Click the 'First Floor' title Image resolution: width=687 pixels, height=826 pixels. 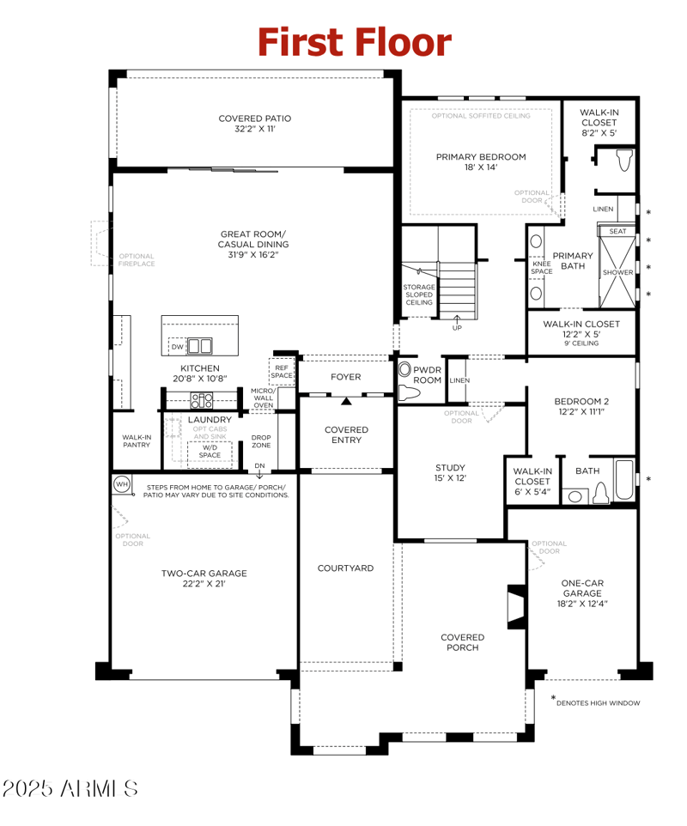pos(354,41)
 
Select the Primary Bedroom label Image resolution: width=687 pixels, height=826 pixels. pos(481,162)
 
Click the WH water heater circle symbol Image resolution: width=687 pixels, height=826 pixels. pos(121,484)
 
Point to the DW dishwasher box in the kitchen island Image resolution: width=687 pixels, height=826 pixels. pos(177,346)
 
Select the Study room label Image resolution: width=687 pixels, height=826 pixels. pos(450,473)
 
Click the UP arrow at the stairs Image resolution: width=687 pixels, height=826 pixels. pos(456,324)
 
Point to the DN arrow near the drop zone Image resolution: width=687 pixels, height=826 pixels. pos(259,470)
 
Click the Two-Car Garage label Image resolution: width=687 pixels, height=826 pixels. pos(204,579)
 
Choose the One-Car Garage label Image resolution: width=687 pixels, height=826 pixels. pos(581,593)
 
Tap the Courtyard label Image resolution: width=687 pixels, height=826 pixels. pos(345,568)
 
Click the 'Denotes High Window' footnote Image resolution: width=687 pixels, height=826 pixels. pos(597,702)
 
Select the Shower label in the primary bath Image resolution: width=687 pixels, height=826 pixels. pos(617,272)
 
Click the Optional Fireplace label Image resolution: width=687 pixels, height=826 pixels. pos(137,260)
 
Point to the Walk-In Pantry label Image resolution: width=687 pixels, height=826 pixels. pos(137,440)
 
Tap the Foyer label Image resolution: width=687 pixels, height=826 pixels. pos(345,377)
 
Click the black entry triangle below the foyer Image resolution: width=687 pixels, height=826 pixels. pos(346,400)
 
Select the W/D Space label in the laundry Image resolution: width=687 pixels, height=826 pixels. pos(210,451)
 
